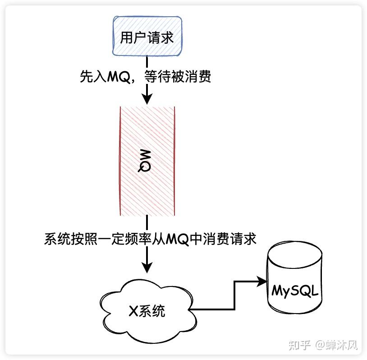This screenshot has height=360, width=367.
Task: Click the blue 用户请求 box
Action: (x=147, y=36)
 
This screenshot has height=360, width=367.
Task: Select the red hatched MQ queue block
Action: (x=147, y=161)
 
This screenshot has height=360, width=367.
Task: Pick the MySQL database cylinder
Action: (x=295, y=277)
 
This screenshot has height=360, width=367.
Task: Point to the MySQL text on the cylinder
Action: (x=295, y=291)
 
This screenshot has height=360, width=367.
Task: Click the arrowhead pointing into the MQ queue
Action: (x=147, y=99)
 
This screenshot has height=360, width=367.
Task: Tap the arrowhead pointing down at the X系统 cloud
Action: (x=147, y=268)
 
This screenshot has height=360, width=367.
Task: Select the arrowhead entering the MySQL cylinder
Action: (x=262, y=282)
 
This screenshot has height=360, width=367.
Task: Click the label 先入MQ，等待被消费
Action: (x=145, y=76)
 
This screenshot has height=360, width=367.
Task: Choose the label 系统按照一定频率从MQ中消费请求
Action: (x=150, y=239)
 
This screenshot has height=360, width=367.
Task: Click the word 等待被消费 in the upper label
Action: (x=178, y=76)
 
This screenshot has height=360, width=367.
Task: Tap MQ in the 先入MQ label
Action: (x=119, y=77)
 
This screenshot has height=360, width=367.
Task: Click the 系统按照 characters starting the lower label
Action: (x=71, y=239)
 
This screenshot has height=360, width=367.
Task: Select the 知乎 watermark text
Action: (x=299, y=345)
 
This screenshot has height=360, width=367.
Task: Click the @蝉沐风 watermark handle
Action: (x=336, y=345)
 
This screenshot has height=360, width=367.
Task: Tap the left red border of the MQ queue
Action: (x=120, y=161)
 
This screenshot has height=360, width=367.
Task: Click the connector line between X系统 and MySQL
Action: (x=234, y=295)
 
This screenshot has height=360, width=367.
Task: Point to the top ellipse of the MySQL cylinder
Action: (x=295, y=254)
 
